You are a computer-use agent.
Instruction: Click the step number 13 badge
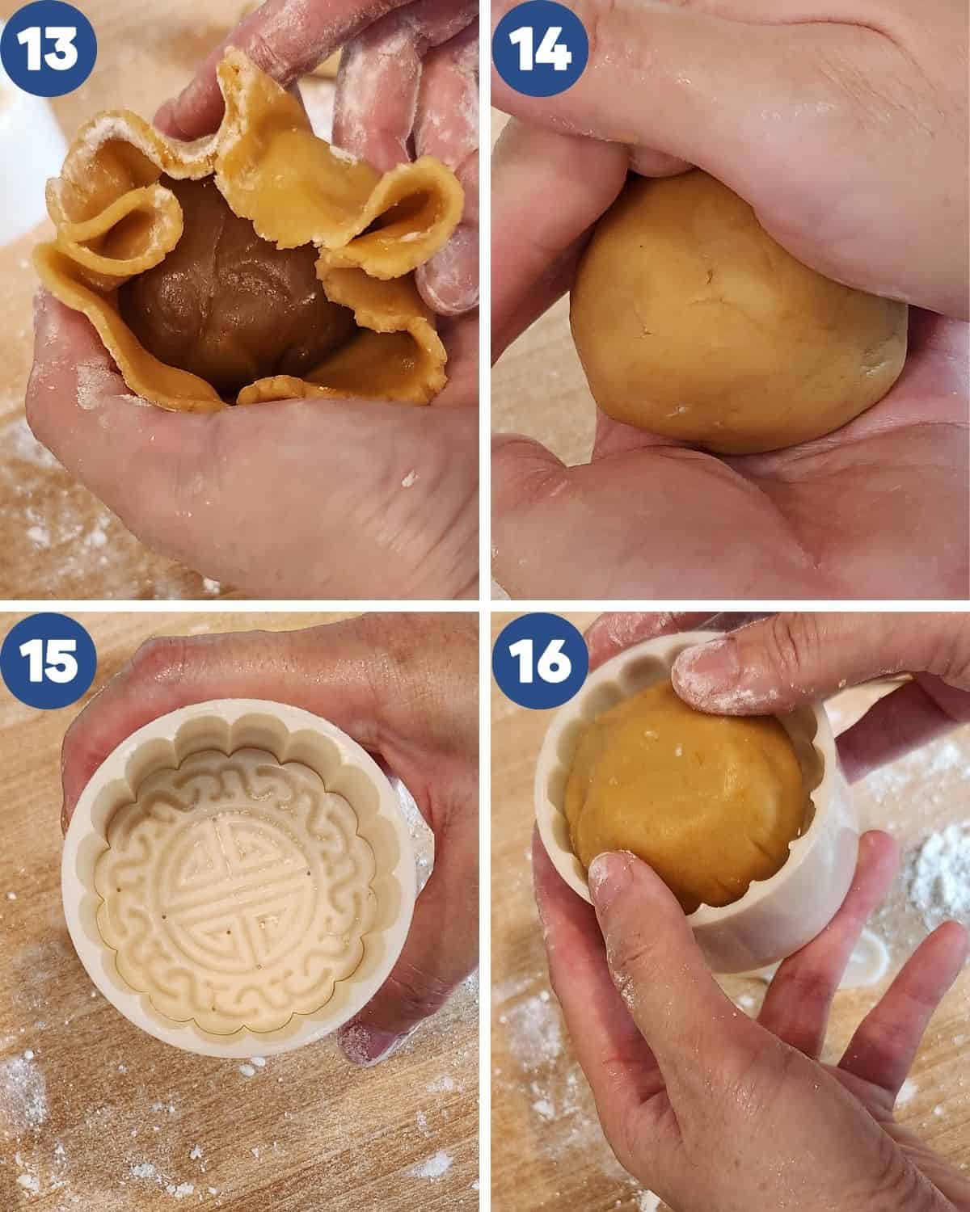[48, 48]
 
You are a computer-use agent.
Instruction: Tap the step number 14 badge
[540, 48]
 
